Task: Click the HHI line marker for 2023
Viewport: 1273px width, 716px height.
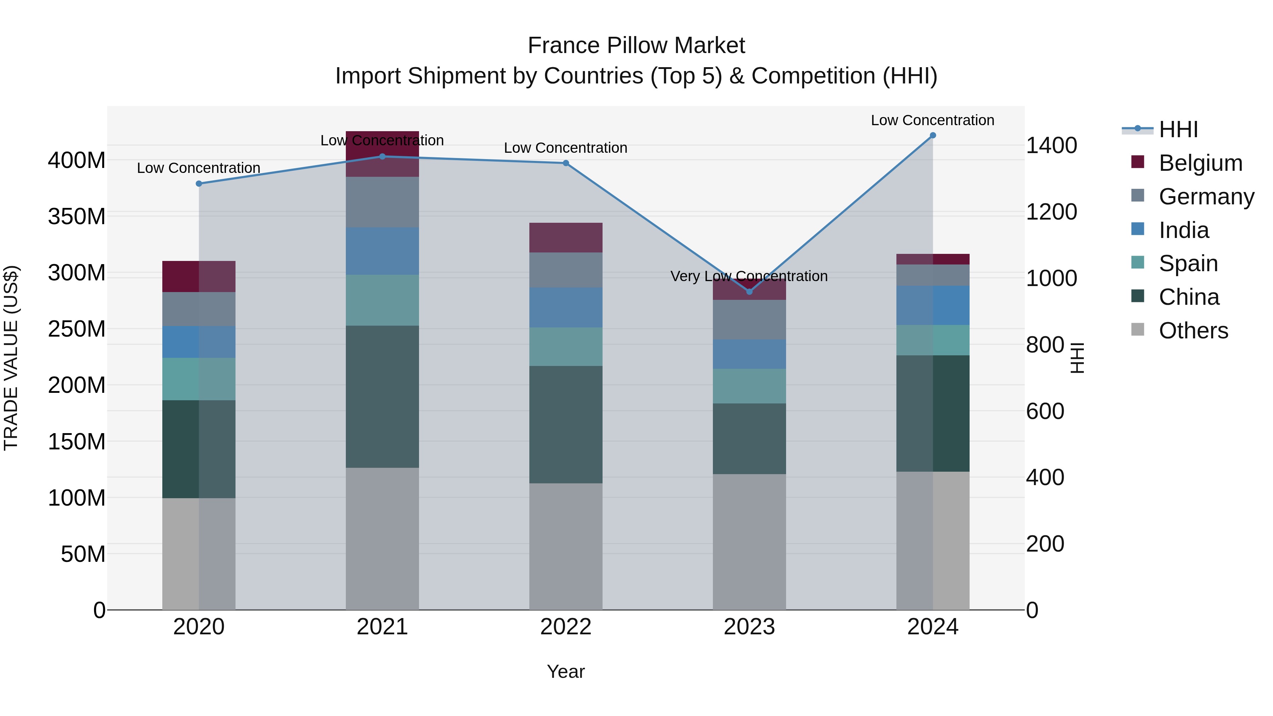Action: (x=749, y=292)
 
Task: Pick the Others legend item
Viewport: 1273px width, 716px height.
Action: (x=1193, y=331)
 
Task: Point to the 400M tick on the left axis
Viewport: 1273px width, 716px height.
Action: (x=77, y=161)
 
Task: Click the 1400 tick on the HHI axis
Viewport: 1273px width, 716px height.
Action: (x=1052, y=146)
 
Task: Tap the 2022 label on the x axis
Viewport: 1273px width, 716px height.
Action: (x=566, y=627)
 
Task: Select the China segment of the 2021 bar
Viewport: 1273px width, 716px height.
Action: (x=382, y=396)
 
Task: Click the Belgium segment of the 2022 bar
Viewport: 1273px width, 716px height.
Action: (x=566, y=238)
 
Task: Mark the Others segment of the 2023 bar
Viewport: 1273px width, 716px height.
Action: (x=749, y=542)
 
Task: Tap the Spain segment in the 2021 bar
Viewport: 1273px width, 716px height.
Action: (x=382, y=300)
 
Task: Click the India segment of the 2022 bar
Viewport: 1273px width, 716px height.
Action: (x=566, y=307)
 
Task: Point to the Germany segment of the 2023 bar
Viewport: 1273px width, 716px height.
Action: (x=749, y=320)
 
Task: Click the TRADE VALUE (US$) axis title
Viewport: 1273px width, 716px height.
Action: (x=11, y=358)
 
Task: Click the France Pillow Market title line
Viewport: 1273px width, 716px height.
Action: (x=636, y=46)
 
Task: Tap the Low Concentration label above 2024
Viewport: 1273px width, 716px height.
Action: (x=932, y=121)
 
